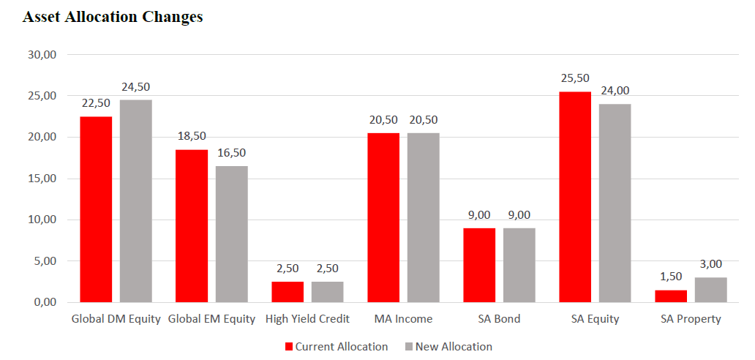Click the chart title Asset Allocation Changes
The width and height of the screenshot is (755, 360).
[x=113, y=18]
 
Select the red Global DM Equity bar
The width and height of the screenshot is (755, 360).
[x=97, y=209]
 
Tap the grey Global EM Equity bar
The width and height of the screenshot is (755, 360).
[x=231, y=234]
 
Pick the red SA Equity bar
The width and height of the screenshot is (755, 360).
[x=575, y=197]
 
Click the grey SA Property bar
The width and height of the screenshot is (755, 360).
[x=710, y=290]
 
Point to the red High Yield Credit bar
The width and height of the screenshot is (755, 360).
[x=288, y=292]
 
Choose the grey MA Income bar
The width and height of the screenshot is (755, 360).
[x=423, y=217]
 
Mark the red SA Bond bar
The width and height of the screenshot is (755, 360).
[x=479, y=265]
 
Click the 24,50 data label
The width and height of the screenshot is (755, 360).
[x=135, y=87]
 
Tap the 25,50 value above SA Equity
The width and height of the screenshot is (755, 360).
[x=575, y=78]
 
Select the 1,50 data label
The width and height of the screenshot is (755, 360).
[x=671, y=277]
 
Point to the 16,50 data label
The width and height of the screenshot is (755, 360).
[x=231, y=153]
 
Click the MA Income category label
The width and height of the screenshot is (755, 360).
[x=403, y=319]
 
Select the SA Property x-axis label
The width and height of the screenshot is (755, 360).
[x=691, y=319]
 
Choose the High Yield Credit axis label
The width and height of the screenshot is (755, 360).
[x=307, y=319]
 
